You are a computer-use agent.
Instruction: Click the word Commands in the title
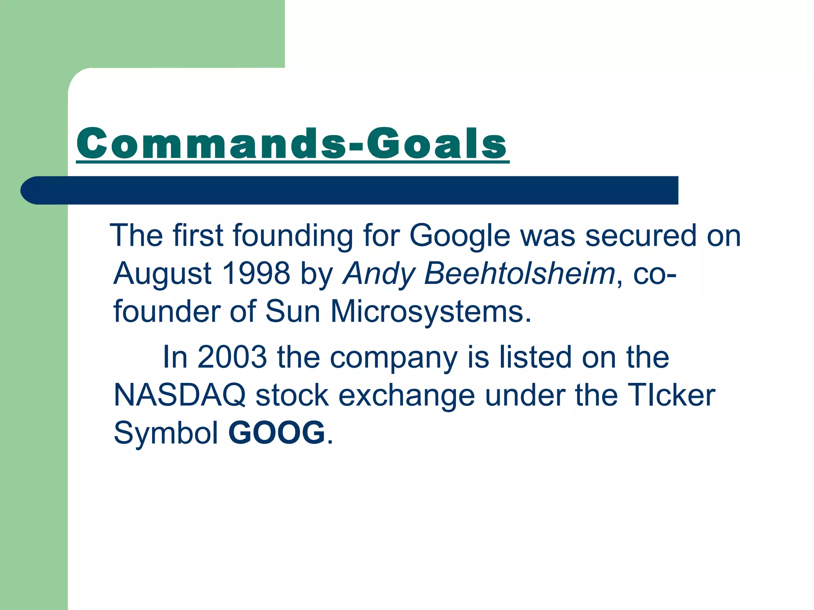pos(211,144)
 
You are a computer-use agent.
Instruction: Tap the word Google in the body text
pos(459,236)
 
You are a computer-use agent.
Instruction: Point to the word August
pos(163,274)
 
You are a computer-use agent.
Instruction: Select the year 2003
pos(232,357)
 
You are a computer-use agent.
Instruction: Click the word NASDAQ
pos(180,396)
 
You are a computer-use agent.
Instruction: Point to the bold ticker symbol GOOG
pos(277,433)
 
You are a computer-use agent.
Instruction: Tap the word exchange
pos(406,396)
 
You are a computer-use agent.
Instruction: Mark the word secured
pos(641,236)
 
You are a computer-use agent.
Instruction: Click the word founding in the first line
pos(293,236)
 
